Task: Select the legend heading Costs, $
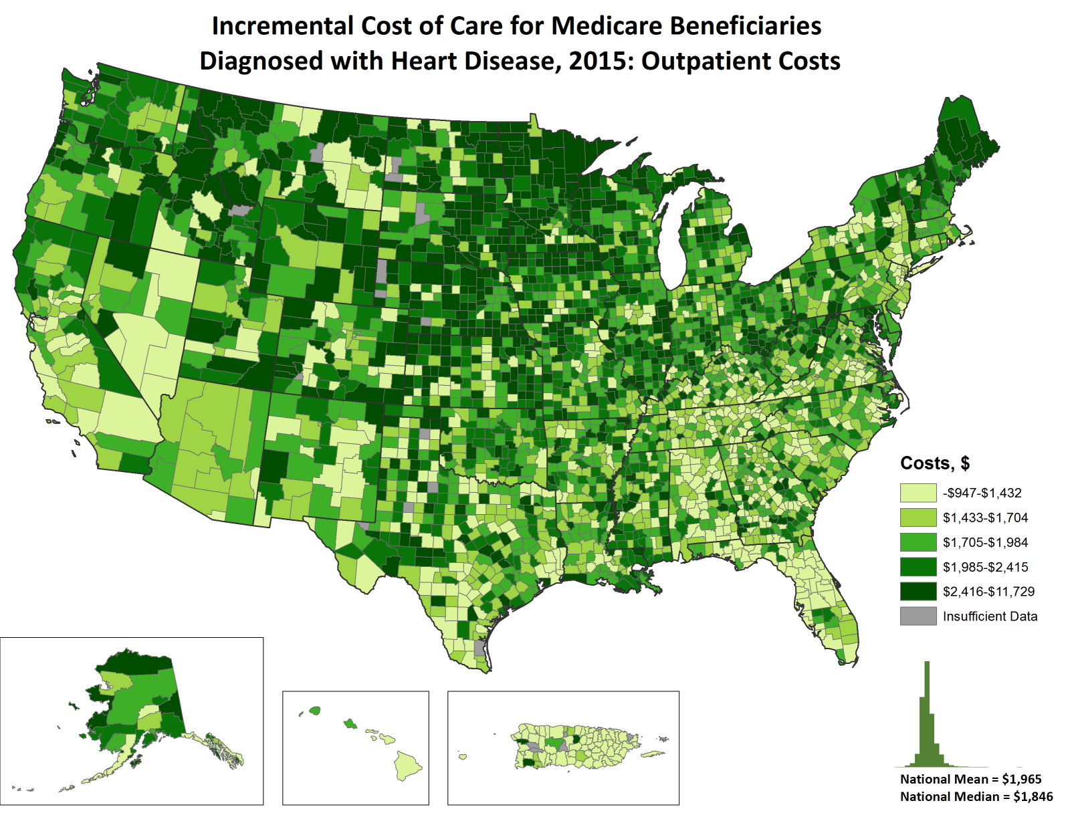(934, 463)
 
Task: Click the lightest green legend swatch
(918, 493)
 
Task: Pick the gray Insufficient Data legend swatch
(918, 616)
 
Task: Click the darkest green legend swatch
(918, 591)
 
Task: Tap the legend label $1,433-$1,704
(985, 517)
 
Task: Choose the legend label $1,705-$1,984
(985, 542)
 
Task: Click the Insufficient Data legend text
(990, 616)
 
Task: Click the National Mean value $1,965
(1021, 779)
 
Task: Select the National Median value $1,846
(1033, 796)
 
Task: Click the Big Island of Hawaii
(407, 765)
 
